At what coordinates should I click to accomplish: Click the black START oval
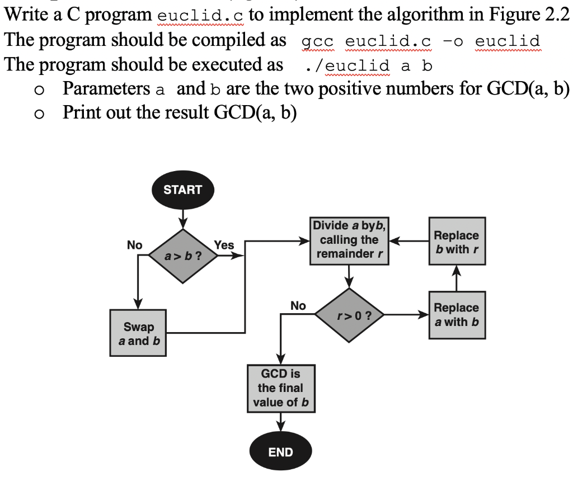pyautogui.click(x=182, y=190)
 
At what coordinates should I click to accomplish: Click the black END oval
pyautogui.click(x=280, y=452)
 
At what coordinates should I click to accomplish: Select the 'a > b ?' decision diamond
pyautogui.click(x=182, y=256)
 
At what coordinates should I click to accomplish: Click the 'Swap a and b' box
pyautogui.click(x=138, y=333)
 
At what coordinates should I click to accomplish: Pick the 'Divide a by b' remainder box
pyautogui.click(x=350, y=240)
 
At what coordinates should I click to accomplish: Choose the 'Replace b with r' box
pyautogui.click(x=457, y=242)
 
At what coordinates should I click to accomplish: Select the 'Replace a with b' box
pyautogui.click(x=457, y=315)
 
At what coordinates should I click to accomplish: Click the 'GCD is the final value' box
pyautogui.click(x=280, y=388)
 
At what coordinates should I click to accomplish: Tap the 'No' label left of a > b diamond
pyautogui.click(x=134, y=245)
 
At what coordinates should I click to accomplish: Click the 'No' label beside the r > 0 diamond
pyautogui.click(x=298, y=305)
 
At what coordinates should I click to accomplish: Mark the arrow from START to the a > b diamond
pyautogui.click(x=182, y=217)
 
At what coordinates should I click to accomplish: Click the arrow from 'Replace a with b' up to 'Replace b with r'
pyautogui.click(x=457, y=278)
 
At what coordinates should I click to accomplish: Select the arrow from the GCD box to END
pyautogui.click(x=280, y=421)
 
